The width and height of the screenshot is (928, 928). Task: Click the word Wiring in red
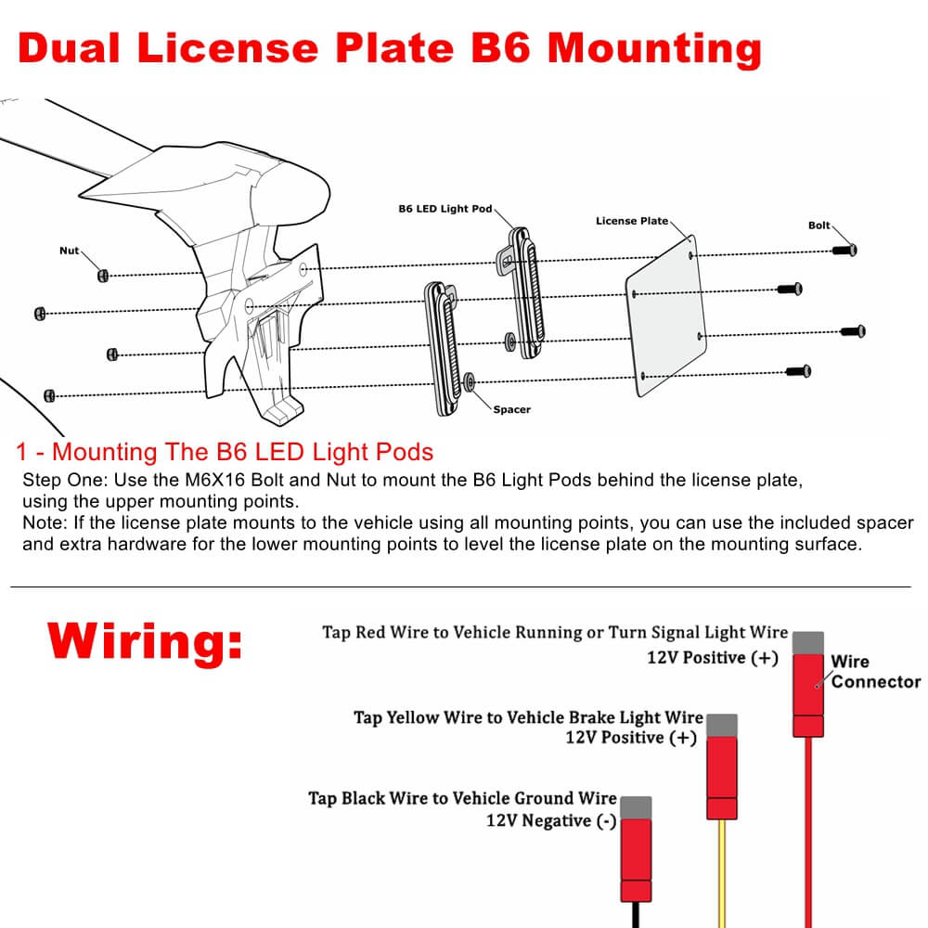pos(145,641)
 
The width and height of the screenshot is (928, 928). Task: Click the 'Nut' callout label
pos(70,251)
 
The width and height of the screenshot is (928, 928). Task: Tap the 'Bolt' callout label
pos(818,226)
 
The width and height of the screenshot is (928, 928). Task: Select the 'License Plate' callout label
pos(631,221)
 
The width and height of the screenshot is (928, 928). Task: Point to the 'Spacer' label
pos(511,409)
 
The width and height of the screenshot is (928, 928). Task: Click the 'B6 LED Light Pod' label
pos(445,209)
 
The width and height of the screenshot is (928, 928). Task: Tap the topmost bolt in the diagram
pos(844,250)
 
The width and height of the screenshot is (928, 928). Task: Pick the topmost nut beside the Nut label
pos(104,275)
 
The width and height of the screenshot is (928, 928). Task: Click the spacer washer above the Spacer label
pos(470,381)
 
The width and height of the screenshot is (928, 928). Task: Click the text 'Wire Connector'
pos(874,672)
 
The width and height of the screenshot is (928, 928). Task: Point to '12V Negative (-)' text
pos(550,820)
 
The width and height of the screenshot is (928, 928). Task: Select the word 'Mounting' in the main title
pos(654,47)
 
